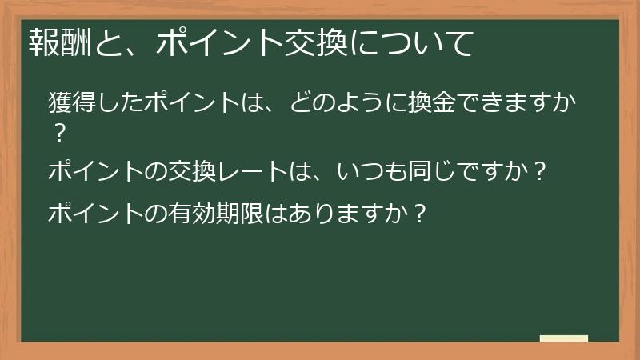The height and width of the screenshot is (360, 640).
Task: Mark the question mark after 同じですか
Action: point(540,171)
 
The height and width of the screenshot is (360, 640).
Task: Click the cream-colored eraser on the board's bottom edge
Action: point(563,338)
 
